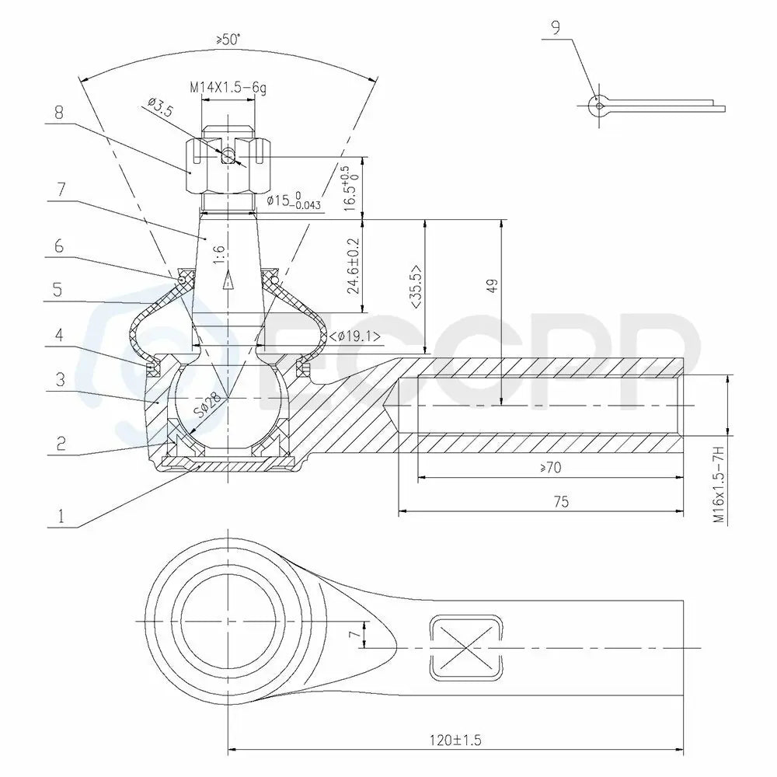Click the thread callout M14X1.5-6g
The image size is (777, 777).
(x=228, y=88)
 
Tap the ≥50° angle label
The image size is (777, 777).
(x=228, y=40)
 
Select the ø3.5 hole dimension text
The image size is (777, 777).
(x=161, y=106)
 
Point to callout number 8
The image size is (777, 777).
(x=59, y=113)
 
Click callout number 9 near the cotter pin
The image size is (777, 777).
(x=556, y=28)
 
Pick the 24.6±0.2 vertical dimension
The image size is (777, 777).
(x=354, y=266)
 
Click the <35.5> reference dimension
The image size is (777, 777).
(x=416, y=287)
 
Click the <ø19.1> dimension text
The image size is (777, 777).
(x=355, y=336)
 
